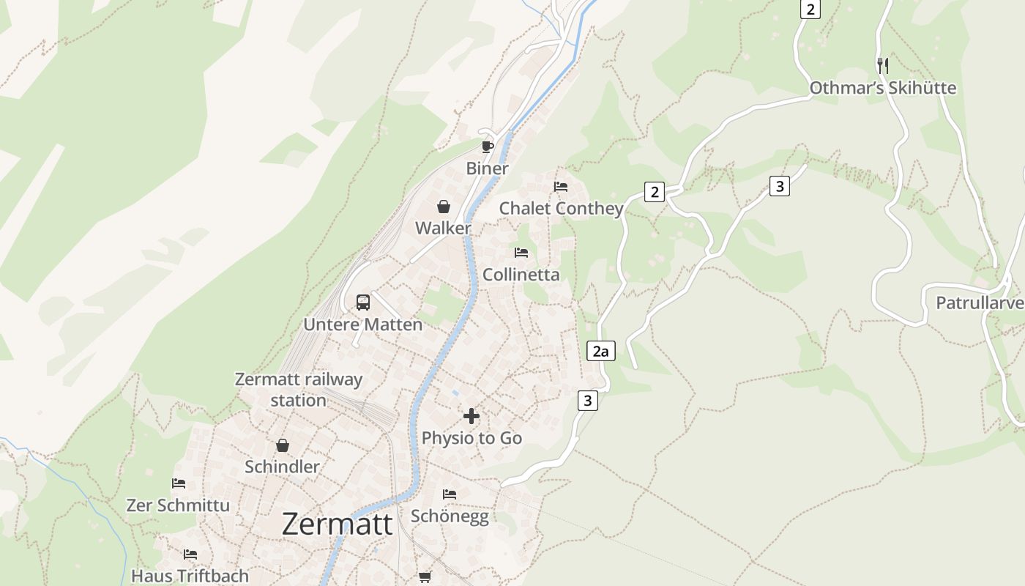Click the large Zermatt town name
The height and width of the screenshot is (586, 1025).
pos(337,524)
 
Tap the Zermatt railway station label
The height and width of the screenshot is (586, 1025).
pos(299,390)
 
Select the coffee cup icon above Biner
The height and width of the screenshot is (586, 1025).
pos(488,147)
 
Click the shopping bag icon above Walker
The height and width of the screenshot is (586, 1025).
pos(444,207)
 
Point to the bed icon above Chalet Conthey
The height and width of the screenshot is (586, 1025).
pos(561,187)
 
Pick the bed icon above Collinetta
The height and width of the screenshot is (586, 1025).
pos(521,253)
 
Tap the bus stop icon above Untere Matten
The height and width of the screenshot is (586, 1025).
pos(363,302)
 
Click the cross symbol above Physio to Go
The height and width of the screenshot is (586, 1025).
pos(471,416)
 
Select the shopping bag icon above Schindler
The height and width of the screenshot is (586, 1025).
pos(283,445)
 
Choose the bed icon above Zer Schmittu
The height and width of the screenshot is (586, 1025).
pos(179,483)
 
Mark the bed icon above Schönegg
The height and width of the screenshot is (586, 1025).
pos(450,494)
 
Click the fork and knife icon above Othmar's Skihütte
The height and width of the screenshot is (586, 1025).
pos(883,65)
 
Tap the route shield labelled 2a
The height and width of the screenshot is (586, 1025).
pos(600,352)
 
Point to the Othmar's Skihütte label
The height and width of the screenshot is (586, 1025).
pos(882,88)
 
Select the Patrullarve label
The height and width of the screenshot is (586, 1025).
pos(980,303)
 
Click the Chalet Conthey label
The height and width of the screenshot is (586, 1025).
pos(561,209)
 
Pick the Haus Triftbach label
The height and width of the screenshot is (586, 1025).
pos(190,576)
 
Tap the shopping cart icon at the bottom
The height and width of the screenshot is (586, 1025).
pos(425,577)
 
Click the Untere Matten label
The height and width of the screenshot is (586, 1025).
pos(363,324)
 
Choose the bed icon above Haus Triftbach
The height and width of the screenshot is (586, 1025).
pos(190,555)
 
